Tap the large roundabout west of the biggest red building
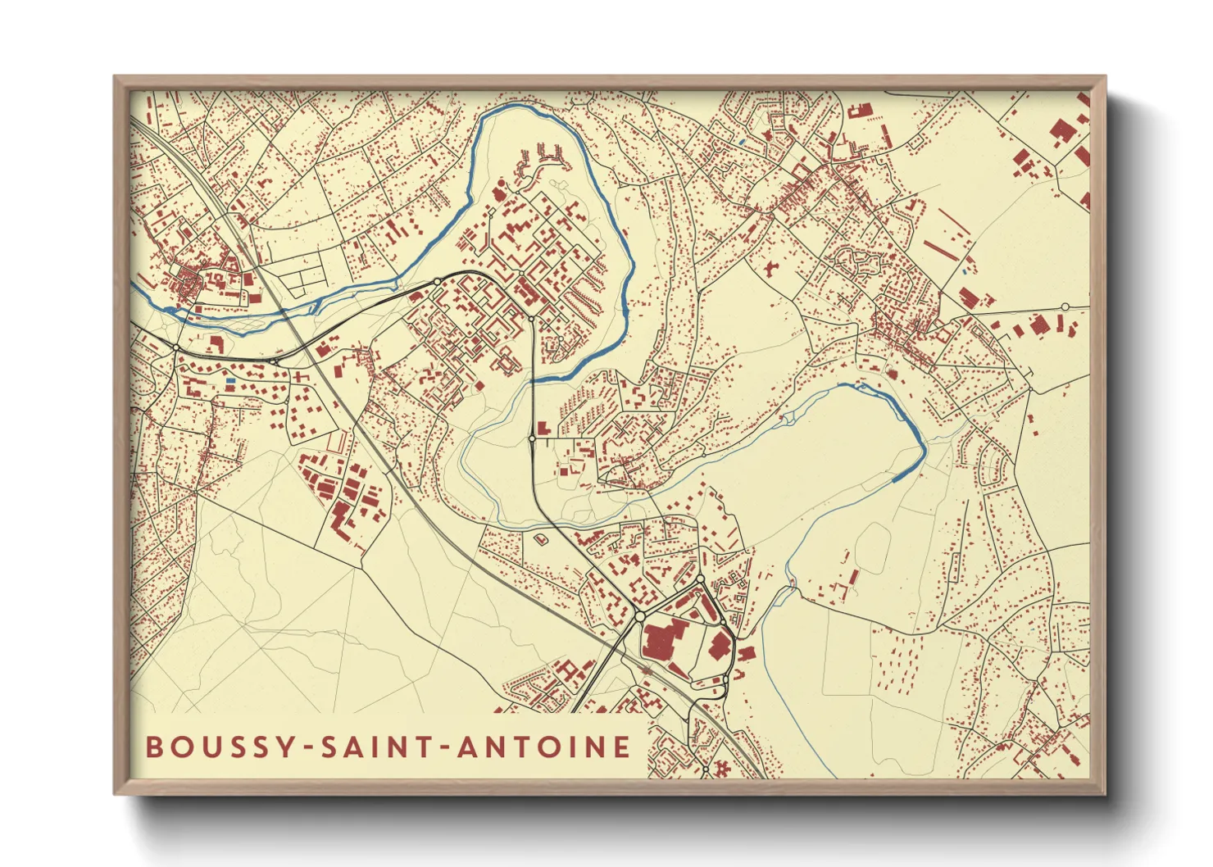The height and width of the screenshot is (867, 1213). tap(639, 615)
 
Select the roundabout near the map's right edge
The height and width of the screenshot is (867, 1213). tap(1065, 306)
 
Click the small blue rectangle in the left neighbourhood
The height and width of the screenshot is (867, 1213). tap(230, 381)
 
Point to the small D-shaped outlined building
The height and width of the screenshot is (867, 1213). tap(541, 539)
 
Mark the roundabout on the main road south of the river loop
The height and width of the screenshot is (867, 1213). tap(532, 439)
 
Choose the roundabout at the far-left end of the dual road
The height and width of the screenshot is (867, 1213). tap(175, 348)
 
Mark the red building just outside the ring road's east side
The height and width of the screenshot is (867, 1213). tap(746, 653)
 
